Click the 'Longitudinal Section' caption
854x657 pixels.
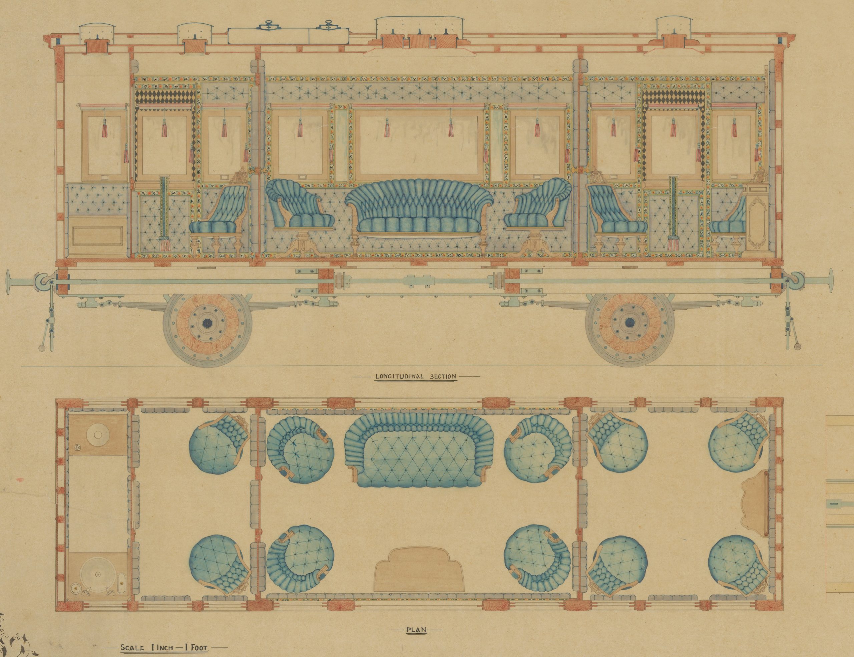pos(415,377)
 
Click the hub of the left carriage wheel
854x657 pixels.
pos(206,323)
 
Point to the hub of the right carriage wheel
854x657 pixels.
pos(629,323)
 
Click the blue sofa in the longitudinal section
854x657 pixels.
pos(416,211)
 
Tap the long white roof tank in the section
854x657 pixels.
pos(289,35)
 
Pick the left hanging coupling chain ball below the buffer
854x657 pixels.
pos(41,348)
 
